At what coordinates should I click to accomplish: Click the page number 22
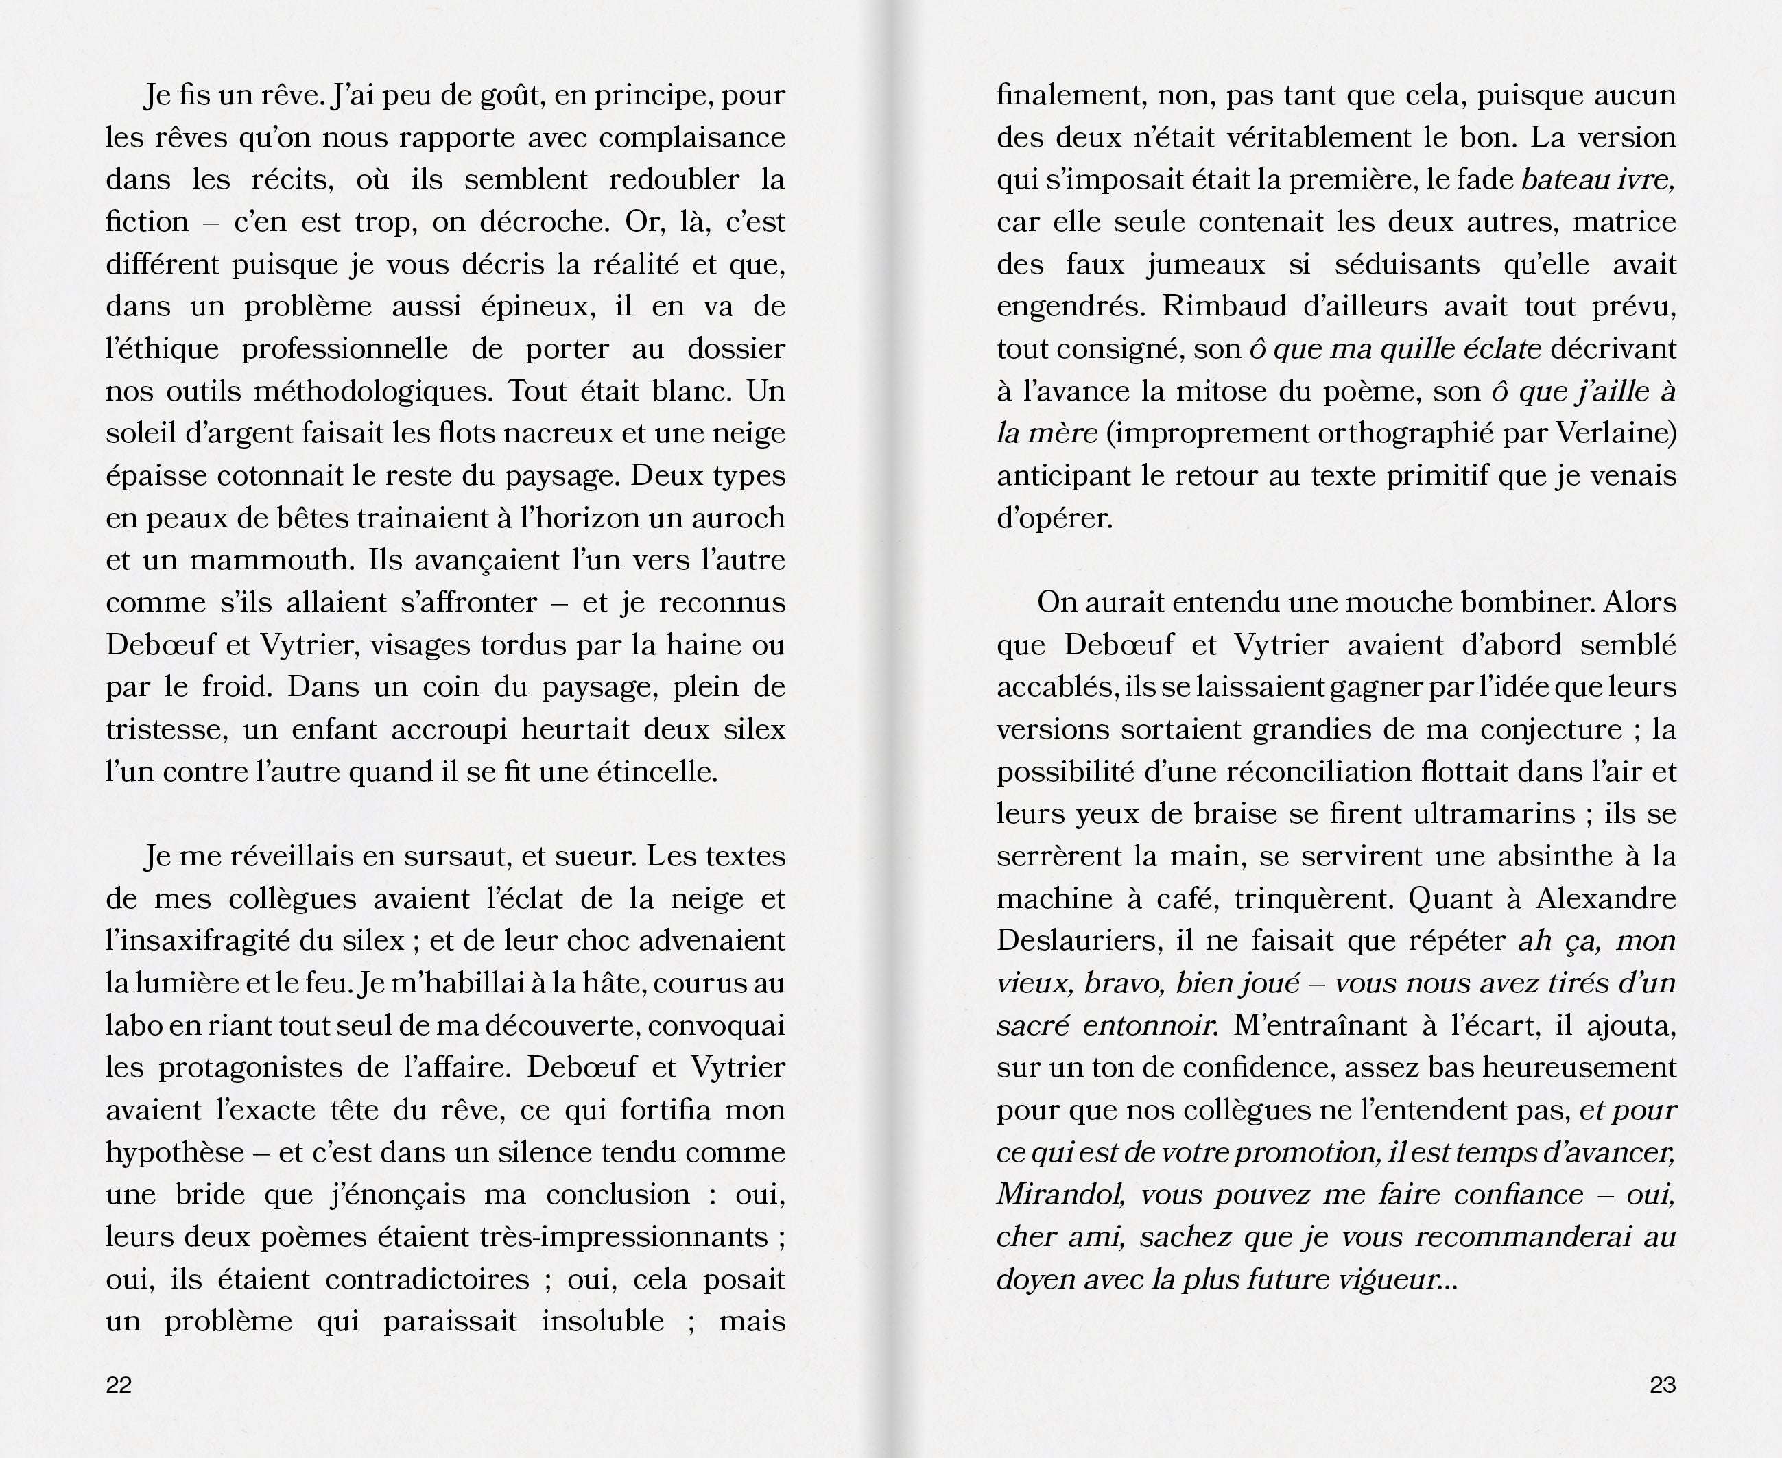point(119,1385)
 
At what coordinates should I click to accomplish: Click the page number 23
point(1663,1385)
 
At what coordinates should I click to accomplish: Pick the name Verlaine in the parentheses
point(1616,433)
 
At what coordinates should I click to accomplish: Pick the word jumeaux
point(1206,264)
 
